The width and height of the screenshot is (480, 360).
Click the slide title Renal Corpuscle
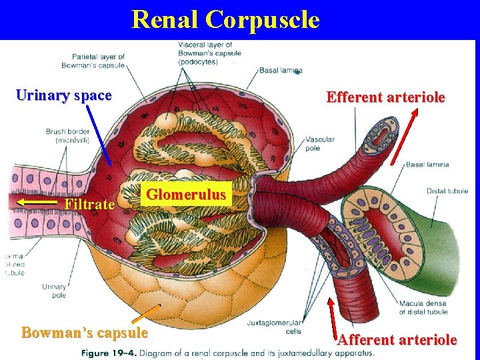click(225, 19)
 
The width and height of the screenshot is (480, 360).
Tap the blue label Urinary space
click(63, 95)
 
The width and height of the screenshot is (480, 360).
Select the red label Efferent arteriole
click(385, 97)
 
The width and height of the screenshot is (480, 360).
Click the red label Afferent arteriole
click(397, 340)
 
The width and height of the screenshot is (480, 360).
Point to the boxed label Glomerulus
click(187, 195)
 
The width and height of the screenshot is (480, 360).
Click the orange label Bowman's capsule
click(85, 332)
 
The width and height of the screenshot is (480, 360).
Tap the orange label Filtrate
click(89, 204)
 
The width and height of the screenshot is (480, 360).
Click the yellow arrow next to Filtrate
click(39, 200)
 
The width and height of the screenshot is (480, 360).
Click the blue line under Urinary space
click(99, 137)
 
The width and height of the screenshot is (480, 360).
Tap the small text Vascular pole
click(320, 143)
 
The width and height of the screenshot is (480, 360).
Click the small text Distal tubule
click(447, 191)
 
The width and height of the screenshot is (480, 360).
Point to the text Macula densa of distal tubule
click(423, 308)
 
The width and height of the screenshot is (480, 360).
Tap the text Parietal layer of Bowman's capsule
click(93, 61)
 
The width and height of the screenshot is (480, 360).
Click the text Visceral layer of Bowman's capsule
click(209, 53)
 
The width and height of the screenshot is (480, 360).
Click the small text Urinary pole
click(54, 291)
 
